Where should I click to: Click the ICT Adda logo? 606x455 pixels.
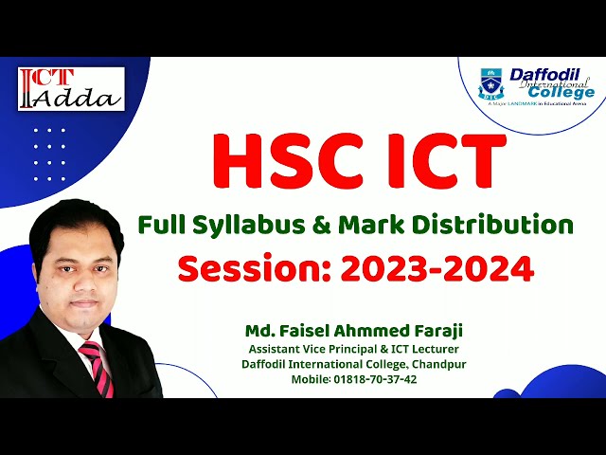(69, 88)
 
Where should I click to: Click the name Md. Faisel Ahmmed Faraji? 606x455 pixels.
(356, 331)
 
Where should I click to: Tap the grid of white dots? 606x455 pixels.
(49, 160)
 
